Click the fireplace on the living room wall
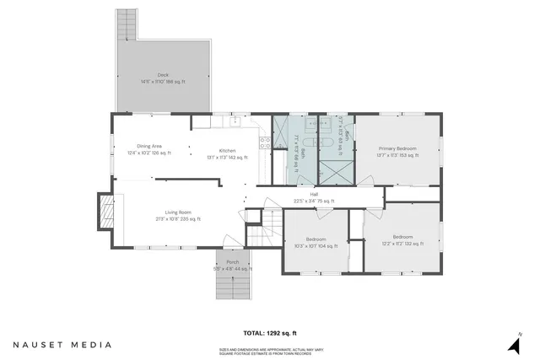pyautogui.click(x=106, y=212)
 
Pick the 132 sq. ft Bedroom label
pyautogui.click(x=401, y=240)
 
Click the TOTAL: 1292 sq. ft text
pyautogui.click(x=269, y=333)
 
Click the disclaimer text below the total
pyautogui.click(x=269, y=351)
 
